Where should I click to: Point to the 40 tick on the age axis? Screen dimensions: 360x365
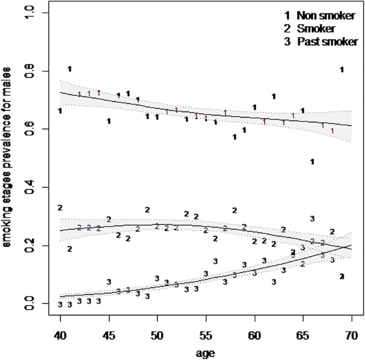coord(60,335)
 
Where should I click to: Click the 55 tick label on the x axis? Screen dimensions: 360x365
coord(206,335)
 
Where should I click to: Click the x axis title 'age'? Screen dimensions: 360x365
coord(206,353)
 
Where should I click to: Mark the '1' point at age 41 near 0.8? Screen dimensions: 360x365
coord(69,69)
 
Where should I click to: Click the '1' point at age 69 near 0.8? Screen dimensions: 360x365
coord(342,69)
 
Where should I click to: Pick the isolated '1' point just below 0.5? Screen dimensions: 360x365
coord(312,162)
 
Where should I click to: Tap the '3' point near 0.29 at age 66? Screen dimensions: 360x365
coord(312,219)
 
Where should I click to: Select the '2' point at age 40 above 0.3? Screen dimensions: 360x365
coord(60,207)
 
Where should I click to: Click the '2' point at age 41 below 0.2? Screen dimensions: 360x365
coord(69,249)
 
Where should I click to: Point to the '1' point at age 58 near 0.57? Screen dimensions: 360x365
coord(234,137)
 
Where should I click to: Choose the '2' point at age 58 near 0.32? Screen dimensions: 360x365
coord(234,210)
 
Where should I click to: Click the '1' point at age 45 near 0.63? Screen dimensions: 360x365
coord(109,121)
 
